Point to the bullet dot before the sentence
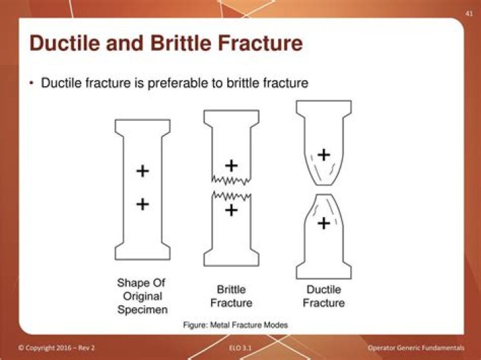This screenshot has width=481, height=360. click(31, 83)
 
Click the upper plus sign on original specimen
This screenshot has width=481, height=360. click(142, 171)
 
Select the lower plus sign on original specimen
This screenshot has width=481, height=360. click(142, 204)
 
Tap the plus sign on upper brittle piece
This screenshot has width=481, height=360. click(231, 165)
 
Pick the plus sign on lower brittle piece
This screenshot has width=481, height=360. click(231, 210)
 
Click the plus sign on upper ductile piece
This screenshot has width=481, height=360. click(323, 155)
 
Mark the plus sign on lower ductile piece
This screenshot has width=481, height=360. click(323, 223)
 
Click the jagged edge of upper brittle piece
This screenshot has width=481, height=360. click(231, 180)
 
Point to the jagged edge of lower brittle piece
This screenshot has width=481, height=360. click(231, 195)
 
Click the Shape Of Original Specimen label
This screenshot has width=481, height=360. click(142, 296)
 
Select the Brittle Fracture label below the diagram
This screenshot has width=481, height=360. click(231, 296)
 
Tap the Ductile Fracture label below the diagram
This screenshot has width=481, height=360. click(323, 296)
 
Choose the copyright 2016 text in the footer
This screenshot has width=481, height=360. click(57, 349)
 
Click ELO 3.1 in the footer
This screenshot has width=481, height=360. click(240, 349)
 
